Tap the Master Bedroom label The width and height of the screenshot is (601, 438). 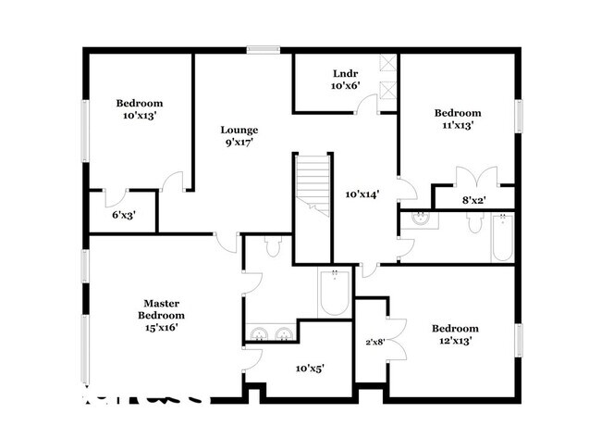click(160, 315)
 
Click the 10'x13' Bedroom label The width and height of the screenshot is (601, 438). click(140, 109)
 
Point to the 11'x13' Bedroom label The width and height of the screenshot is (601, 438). click(458, 119)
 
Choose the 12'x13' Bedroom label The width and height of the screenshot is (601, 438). click(454, 334)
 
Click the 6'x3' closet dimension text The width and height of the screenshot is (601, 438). click(124, 215)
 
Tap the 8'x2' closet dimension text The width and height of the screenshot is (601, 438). click(475, 198)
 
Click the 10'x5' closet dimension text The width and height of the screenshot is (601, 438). click(309, 369)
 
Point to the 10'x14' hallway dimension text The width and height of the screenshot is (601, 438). click(362, 194)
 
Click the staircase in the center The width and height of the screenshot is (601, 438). click(313, 185)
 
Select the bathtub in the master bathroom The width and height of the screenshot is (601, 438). click(332, 294)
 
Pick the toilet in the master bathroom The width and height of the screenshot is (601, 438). click(273, 247)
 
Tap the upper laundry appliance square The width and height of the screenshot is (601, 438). click(387, 67)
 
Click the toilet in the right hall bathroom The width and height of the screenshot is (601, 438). click(472, 223)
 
